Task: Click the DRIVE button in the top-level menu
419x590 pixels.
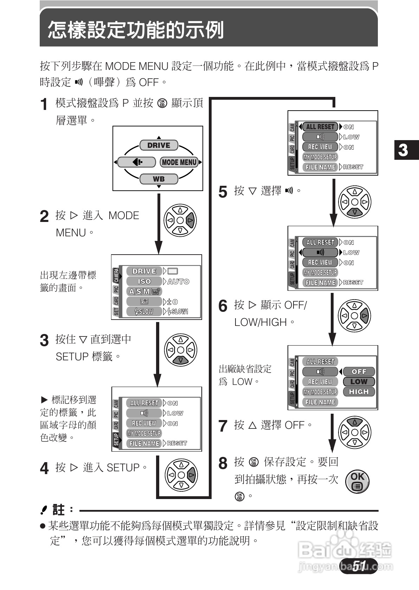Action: coord(159,145)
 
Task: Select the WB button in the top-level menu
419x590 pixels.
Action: coord(159,179)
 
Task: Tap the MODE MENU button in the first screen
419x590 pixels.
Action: coord(179,162)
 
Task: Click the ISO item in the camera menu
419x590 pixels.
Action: coord(144,281)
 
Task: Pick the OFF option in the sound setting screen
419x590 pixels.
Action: coord(359,372)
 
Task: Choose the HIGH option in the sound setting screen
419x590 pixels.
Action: coord(359,392)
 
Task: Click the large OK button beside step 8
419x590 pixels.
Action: coord(357,481)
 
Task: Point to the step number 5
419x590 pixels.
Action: coord(223,192)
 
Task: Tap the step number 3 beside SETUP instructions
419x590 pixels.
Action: coord(44,340)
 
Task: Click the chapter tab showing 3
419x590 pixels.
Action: coord(404,150)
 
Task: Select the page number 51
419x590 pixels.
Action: coord(359,566)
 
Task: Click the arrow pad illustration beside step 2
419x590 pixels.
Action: coord(180,220)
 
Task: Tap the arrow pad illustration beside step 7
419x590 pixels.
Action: coord(355,432)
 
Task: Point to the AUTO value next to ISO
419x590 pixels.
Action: coord(179,281)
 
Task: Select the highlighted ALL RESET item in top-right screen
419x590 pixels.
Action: coord(320,127)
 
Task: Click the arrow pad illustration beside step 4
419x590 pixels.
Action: coord(181,475)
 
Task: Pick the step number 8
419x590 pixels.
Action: coord(223,464)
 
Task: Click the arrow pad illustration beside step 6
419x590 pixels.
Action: coord(355,315)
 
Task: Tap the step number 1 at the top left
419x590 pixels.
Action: coord(44,104)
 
